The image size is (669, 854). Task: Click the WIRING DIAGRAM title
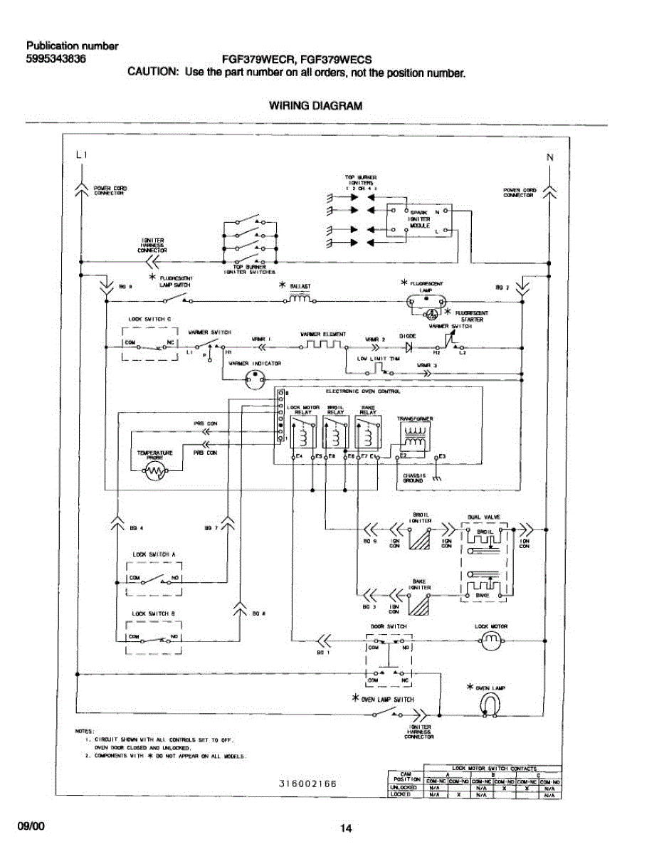[x=315, y=106]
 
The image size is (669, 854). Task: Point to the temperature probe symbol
[x=154, y=470]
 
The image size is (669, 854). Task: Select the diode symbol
[x=408, y=347]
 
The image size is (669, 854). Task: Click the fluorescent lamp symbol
[x=425, y=302]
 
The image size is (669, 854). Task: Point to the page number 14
[x=346, y=828]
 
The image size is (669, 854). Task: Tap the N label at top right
[x=549, y=158]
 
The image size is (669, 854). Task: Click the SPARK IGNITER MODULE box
[x=418, y=219]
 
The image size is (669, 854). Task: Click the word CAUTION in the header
[x=152, y=73]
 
